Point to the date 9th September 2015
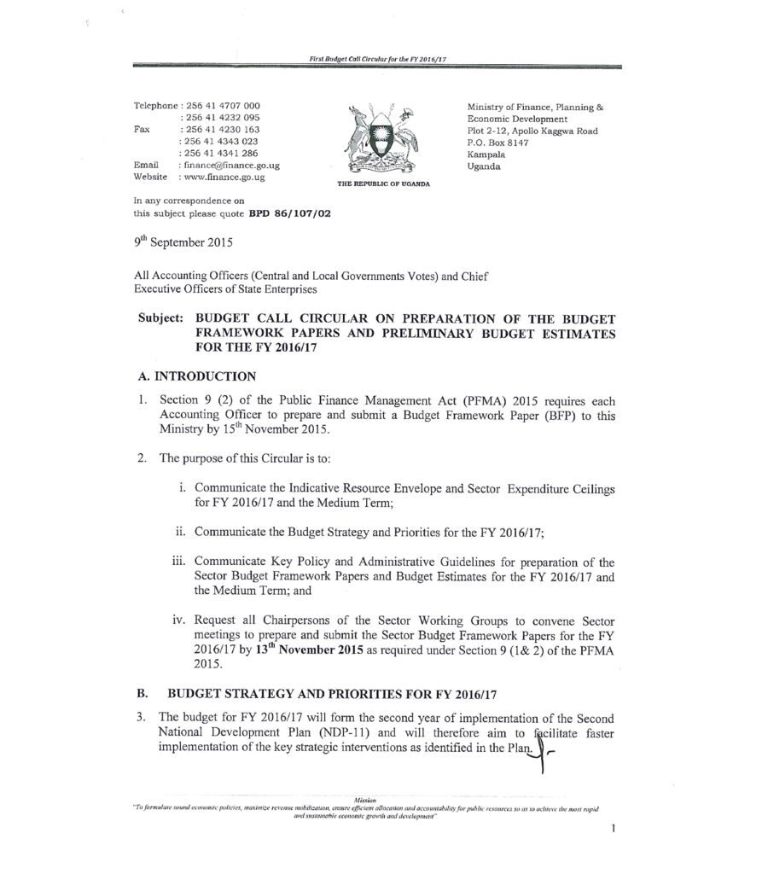(181, 242)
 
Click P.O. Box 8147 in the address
(497, 143)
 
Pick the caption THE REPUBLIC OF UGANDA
(376, 184)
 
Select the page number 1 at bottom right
(614, 828)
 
